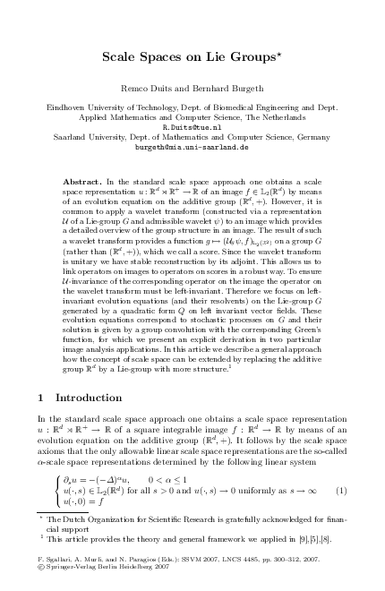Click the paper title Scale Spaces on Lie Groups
click(192, 58)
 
